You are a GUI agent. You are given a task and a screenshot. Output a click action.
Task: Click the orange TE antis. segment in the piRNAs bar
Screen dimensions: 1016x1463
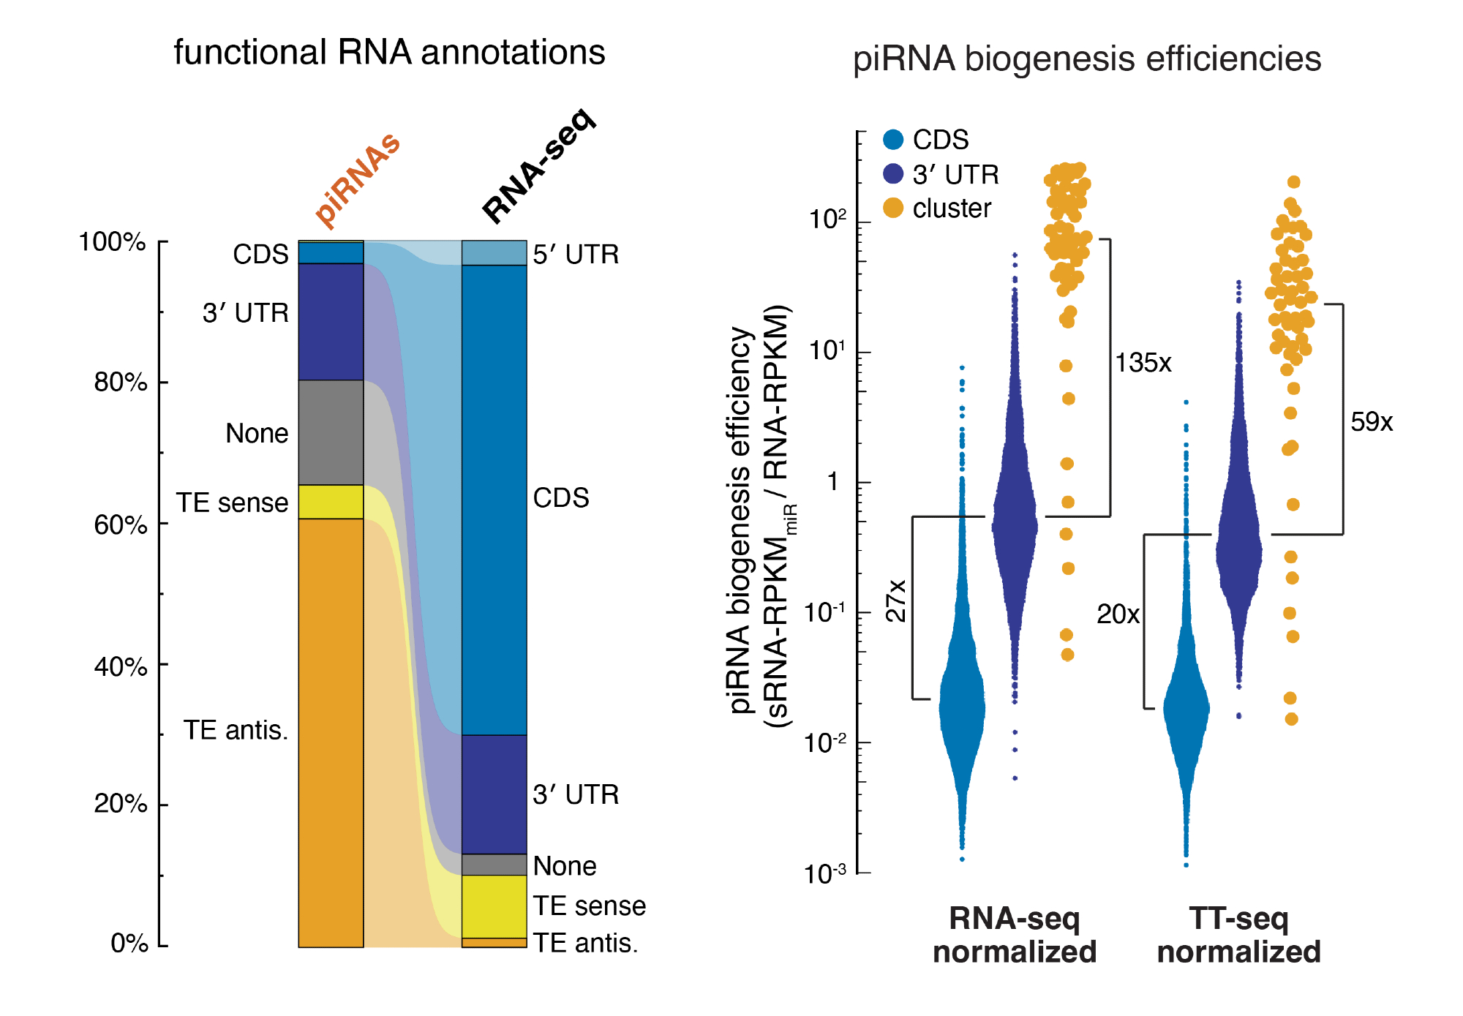click(331, 731)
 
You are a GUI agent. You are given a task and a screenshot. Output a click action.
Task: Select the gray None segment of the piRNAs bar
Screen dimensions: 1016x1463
click(331, 432)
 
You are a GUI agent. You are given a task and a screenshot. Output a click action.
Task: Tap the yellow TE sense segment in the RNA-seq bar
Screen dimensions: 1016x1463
click(494, 906)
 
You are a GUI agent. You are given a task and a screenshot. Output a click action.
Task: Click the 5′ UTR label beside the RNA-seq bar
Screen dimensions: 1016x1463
click(576, 255)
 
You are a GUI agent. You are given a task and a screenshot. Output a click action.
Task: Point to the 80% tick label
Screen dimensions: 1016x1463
click(121, 382)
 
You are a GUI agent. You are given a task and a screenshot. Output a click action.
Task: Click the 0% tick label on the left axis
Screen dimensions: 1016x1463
click(129, 944)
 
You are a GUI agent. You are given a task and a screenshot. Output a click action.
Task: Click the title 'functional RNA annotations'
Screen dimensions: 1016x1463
click(389, 53)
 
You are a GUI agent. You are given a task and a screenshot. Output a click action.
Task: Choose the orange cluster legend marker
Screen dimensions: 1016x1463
click(893, 208)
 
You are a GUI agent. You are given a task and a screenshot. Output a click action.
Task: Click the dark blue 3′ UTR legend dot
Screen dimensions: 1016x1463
click(893, 174)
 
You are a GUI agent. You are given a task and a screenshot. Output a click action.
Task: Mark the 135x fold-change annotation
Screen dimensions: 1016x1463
click(1143, 363)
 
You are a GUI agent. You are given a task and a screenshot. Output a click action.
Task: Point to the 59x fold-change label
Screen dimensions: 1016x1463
click(1372, 422)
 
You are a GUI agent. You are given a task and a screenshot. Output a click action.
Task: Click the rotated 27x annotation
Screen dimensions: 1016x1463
click(896, 601)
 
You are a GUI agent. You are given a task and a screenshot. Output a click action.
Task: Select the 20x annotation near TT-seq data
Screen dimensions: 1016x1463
click(1118, 614)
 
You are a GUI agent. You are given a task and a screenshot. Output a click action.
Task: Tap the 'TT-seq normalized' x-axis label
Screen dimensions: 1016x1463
click(1238, 936)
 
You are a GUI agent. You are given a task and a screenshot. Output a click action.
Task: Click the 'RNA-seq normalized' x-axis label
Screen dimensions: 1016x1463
click(1015, 936)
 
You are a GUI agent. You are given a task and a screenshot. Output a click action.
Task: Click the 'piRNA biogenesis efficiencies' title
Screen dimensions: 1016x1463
click(1087, 59)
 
